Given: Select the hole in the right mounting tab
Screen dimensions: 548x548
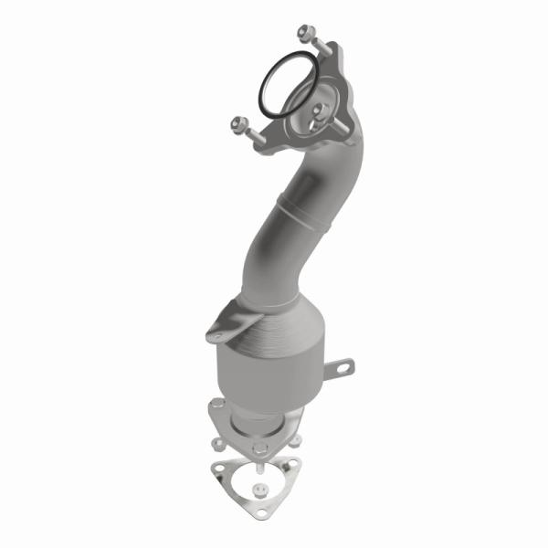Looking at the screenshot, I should [345, 367].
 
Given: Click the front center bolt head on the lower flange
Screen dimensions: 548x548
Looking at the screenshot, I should [260, 447].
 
